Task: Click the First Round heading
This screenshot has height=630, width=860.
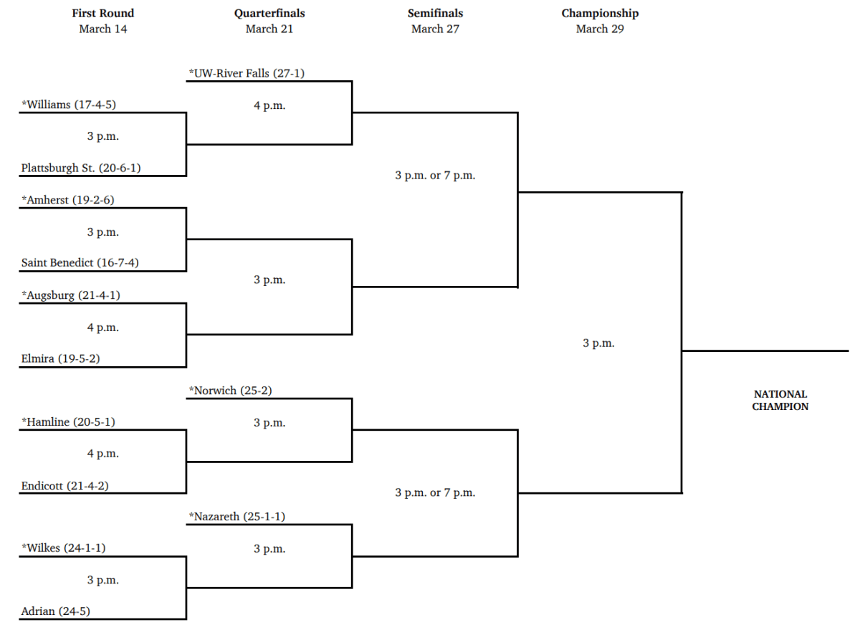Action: click(x=103, y=13)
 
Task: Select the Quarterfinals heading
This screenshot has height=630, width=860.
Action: click(x=269, y=13)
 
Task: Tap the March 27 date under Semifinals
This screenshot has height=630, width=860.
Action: click(x=435, y=29)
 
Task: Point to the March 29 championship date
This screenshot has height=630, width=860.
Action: click(x=601, y=29)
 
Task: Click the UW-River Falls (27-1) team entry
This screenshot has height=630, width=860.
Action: click(x=247, y=72)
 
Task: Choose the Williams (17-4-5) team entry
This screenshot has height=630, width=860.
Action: click(x=69, y=104)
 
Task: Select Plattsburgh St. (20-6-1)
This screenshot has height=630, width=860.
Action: click(x=81, y=168)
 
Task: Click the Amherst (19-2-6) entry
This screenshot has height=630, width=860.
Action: click(x=67, y=200)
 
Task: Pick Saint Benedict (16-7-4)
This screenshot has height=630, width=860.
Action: click(x=80, y=262)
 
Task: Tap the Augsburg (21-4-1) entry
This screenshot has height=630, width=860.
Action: click(x=70, y=295)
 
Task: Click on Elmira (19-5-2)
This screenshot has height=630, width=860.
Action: click(x=60, y=358)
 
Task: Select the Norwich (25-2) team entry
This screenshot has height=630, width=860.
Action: click(x=230, y=391)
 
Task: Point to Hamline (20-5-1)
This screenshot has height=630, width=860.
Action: click(x=68, y=422)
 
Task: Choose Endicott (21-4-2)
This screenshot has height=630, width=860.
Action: click(x=65, y=485)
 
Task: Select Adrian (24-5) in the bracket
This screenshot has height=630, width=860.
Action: click(x=56, y=611)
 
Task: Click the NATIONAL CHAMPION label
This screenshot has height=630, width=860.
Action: click(x=780, y=400)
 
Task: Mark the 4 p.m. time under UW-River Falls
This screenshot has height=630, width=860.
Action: click(x=269, y=105)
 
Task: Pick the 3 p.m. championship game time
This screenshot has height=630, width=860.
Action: click(x=598, y=343)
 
